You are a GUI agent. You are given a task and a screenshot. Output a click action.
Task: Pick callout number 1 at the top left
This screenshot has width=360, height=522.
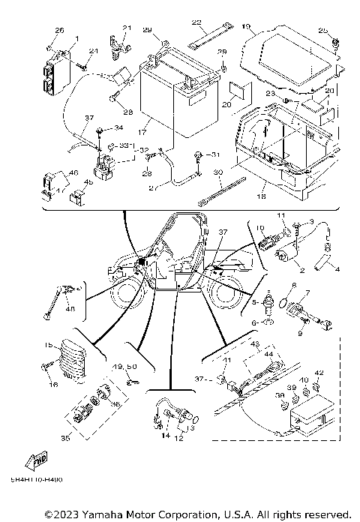76,37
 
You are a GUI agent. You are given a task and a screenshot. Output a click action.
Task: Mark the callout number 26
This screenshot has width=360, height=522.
60,30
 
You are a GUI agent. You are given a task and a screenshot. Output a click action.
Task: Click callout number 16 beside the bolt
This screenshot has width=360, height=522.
52,384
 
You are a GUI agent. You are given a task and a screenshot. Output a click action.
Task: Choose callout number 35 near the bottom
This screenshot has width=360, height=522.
65,436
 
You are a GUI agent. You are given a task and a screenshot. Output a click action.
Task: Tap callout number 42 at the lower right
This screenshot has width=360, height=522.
319,373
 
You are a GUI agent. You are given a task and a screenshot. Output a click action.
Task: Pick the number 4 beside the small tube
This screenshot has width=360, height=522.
336,268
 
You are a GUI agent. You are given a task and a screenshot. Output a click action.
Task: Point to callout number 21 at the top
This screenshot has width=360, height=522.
127,28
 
